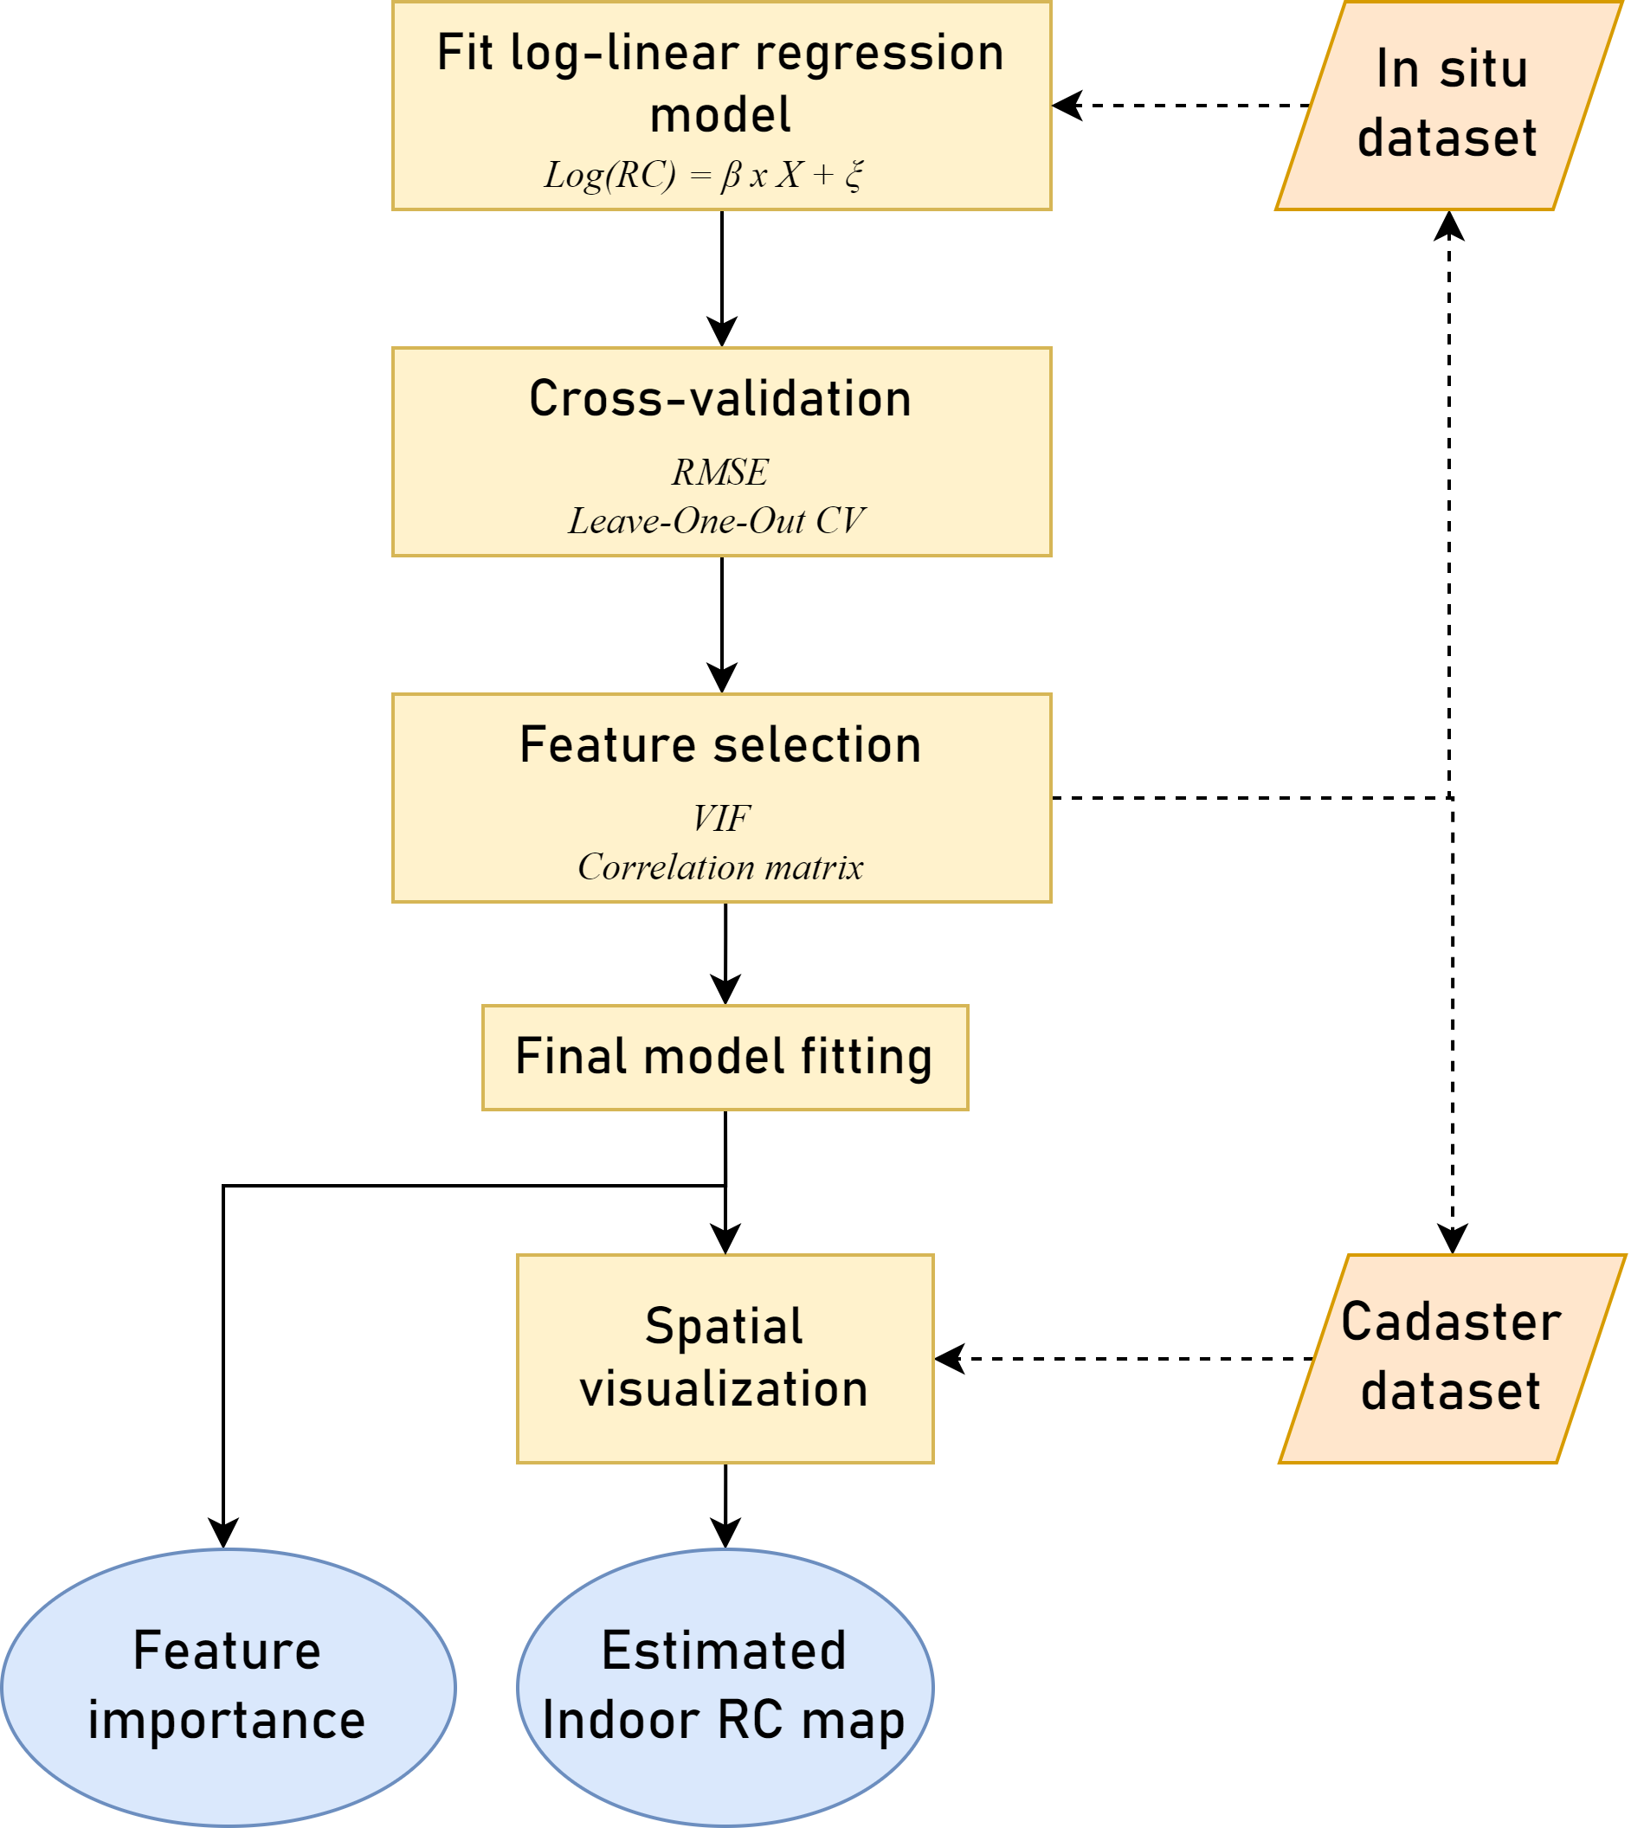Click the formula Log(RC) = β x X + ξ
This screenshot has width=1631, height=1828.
pyautogui.click(x=704, y=175)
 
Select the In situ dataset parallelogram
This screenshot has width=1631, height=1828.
pyautogui.click(x=1449, y=106)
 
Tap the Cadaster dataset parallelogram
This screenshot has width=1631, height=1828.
pyautogui.click(x=1452, y=1359)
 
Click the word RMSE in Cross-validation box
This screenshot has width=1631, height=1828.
pyautogui.click(x=720, y=473)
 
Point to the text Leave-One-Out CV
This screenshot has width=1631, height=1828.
pyautogui.click(x=717, y=521)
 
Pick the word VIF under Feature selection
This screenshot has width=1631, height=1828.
pyautogui.click(x=721, y=818)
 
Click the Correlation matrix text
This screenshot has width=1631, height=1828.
pyautogui.click(x=720, y=866)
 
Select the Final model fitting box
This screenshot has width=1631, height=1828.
pyautogui.click(x=725, y=1058)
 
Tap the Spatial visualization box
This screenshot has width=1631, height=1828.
pyautogui.click(x=725, y=1359)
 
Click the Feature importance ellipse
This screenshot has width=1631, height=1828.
pyautogui.click(x=228, y=1686)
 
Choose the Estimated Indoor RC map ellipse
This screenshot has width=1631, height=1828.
pyautogui.click(x=725, y=1686)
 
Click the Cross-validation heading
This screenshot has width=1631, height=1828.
pyautogui.click(x=720, y=399)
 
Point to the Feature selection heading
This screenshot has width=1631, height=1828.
pyautogui.click(x=720, y=744)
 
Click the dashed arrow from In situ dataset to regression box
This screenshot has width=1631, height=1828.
pyautogui.click(x=1183, y=106)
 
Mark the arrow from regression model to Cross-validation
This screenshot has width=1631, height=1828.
pyautogui.click(x=722, y=278)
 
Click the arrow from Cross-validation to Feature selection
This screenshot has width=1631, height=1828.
pyautogui.click(x=722, y=624)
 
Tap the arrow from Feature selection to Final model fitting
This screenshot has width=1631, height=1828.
pyautogui.click(x=725, y=954)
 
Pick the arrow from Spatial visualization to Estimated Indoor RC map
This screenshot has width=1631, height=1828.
pyautogui.click(x=725, y=1505)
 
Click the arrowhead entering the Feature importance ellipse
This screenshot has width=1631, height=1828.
pyautogui.click(x=223, y=1534)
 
